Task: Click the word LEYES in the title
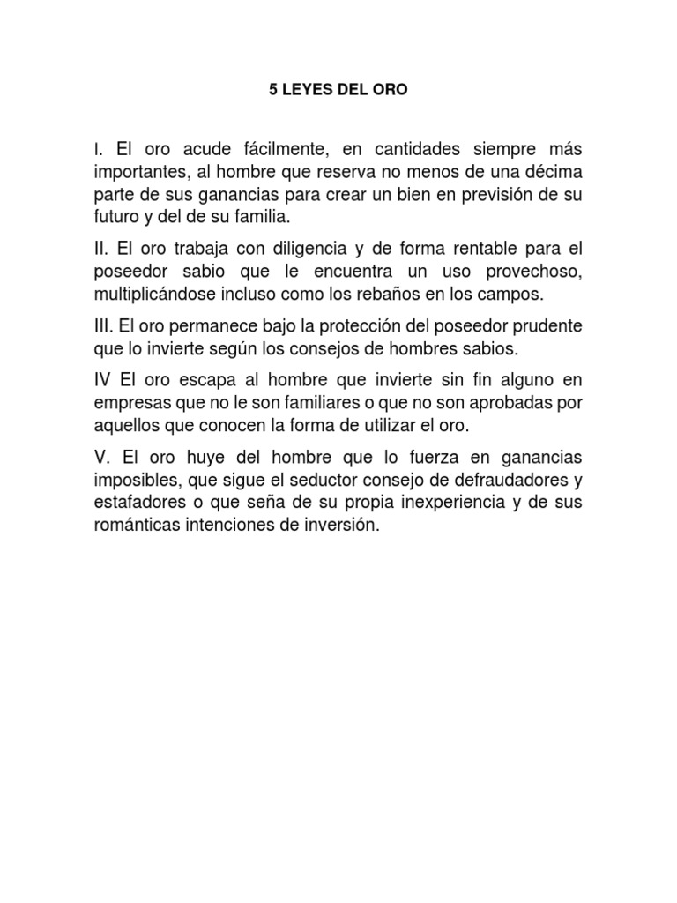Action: pyautogui.click(x=302, y=91)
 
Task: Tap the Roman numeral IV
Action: pyautogui.click(x=102, y=380)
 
